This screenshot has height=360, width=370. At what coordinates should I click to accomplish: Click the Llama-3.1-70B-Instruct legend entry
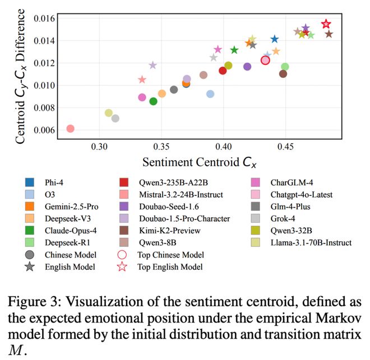(303, 242)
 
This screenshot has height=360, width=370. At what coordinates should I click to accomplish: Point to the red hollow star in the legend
(126, 267)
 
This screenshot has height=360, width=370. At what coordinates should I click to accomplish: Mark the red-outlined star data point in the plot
(326, 24)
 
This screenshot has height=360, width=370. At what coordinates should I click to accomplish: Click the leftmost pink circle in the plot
(70, 129)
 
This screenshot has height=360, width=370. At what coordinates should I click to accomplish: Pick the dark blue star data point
(275, 39)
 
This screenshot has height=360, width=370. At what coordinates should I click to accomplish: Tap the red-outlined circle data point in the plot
(266, 60)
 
